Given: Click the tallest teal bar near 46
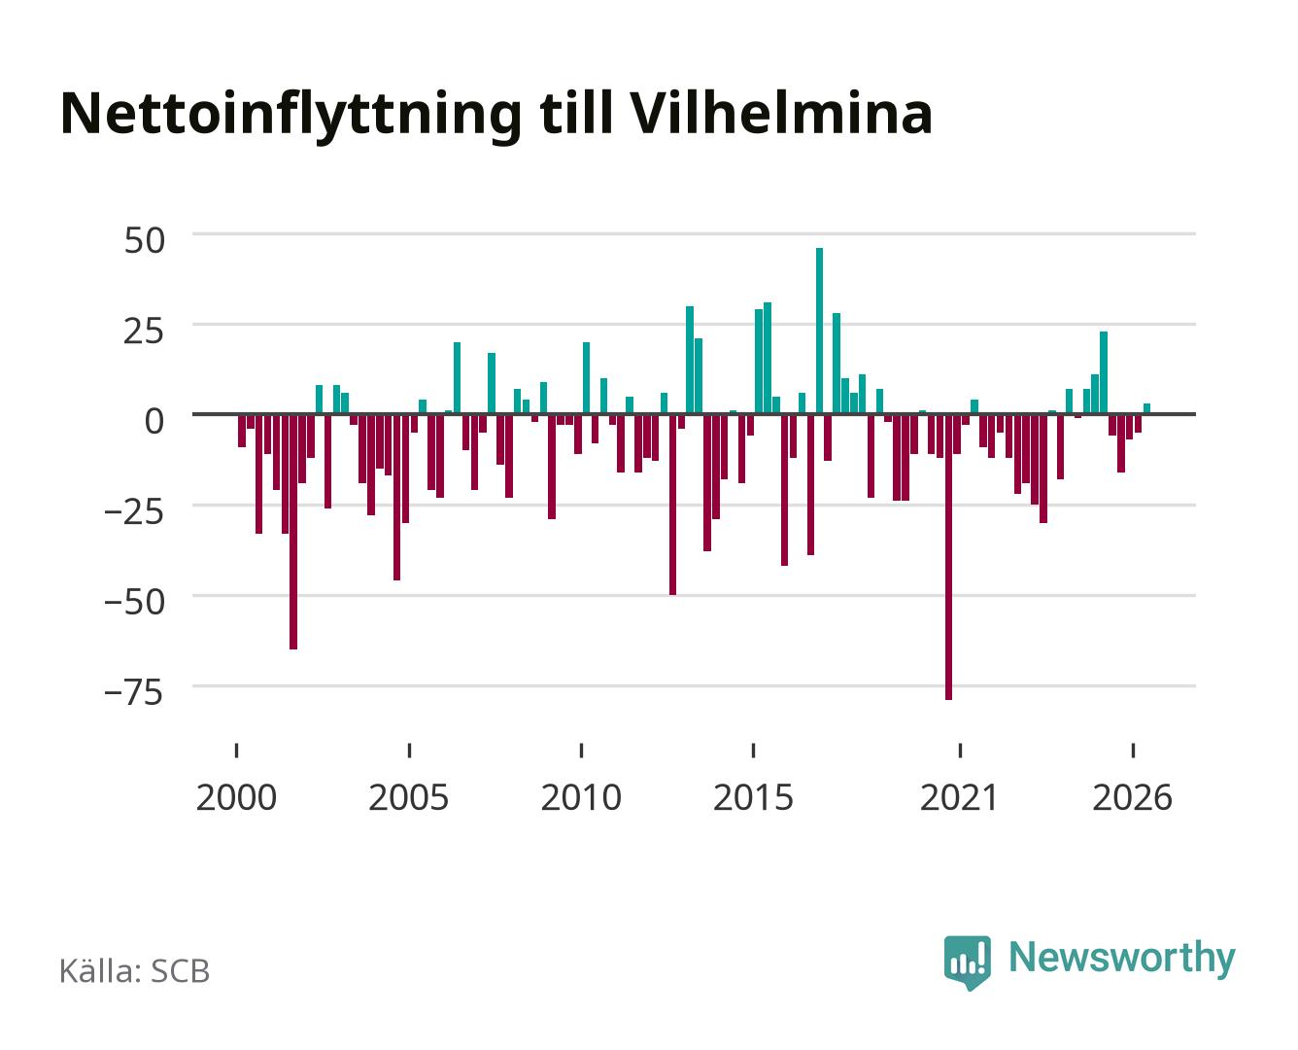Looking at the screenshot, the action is pyautogui.click(x=819, y=331).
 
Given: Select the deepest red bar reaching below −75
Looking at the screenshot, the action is pyautogui.click(x=948, y=557).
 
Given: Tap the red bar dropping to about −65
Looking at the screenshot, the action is pyautogui.click(x=293, y=532).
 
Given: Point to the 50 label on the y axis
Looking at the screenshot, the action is pyautogui.click(x=145, y=240).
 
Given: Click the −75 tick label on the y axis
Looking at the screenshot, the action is pyautogui.click(x=134, y=692).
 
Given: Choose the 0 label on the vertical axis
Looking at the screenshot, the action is pyautogui.click(x=154, y=421).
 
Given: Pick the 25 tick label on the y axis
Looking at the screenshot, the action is pyautogui.click(x=144, y=332).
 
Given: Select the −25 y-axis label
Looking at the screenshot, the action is pyautogui.click(x=134, y=511).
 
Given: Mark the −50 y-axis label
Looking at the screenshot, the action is pyautogui.click(x=134, y=603).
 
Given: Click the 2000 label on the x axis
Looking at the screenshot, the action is pyautogui.click(x=236, y=797).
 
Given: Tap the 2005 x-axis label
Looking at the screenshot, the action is pyautogui.click(x=409, y=797).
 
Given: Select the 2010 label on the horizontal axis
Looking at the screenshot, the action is pyautogui.click(x=581, y=797).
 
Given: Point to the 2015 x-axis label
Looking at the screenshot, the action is pyautogui.click(x=754, y=797).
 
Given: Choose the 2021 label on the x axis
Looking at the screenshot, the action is pyautogui.click(x=960, y=797).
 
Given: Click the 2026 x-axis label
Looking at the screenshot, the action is pyautogui.click(x=1132, y=797).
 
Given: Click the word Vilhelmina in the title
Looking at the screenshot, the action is pyautogui.click(x=780, y=114).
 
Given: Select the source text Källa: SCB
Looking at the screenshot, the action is pyautogui.click(x=135, y=970).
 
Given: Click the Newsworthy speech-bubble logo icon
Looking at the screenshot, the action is pyautogui.click(x=967, y=962).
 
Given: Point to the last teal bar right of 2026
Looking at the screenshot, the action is pyautogui.click(x=1146, y=408).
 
